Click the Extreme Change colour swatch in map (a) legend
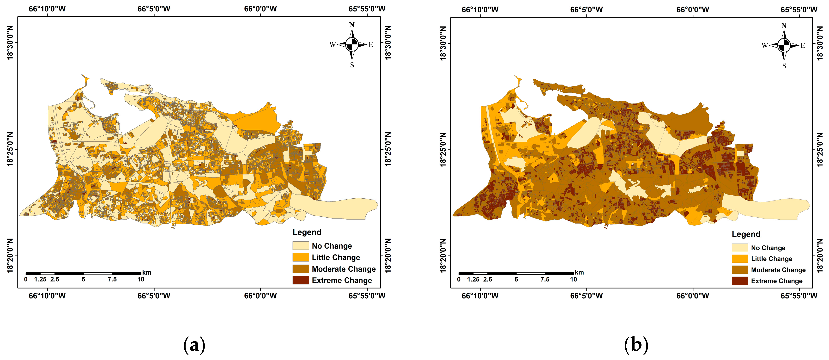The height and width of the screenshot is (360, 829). (301, 280)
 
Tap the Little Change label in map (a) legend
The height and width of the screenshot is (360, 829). (336, 257)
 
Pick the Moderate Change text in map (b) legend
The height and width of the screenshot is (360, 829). (778, 270)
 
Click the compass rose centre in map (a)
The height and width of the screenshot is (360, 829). (352, 44)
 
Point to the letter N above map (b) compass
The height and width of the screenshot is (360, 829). (784, 25)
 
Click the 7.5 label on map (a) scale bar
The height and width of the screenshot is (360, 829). (112, 279)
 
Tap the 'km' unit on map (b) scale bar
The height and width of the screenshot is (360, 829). (579, 272)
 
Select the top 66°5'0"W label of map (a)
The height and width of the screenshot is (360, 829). (154, 9)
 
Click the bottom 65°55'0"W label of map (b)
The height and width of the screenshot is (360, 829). (799, 296)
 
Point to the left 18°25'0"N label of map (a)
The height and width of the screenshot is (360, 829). (10, 149)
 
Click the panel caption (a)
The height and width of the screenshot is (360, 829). (194, 345)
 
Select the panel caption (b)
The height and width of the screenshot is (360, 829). (636, 345)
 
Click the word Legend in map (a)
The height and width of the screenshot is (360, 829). (307, 232)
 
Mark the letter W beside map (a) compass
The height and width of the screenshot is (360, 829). (333, 44)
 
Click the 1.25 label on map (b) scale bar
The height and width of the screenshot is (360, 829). (473, 279)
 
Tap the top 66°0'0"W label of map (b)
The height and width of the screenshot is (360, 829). (693, 9)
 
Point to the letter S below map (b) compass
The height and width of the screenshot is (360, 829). (784, 65)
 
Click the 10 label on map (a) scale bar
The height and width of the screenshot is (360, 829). (141, 279)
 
